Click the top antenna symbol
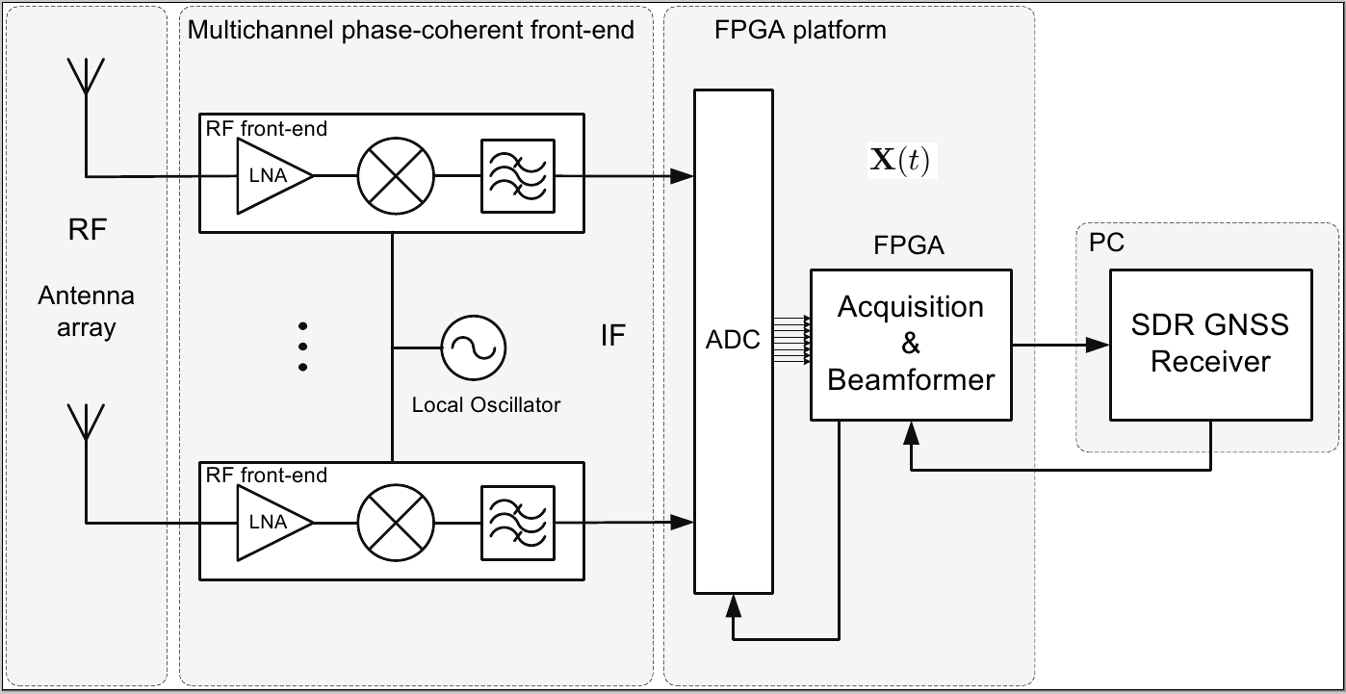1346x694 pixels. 87,77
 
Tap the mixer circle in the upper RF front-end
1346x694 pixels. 396,176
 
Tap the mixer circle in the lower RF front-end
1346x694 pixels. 396,523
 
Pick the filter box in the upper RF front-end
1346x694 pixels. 518,176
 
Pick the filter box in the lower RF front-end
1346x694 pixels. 518,523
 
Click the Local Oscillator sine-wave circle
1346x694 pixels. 474,347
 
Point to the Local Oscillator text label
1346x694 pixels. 485,404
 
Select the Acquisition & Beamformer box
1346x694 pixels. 911,344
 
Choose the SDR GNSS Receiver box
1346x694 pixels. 1210,344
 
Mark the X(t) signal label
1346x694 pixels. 899,161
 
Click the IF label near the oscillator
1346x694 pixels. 612,336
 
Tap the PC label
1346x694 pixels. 1106,242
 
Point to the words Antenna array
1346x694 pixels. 85,311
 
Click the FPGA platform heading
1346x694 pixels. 800,30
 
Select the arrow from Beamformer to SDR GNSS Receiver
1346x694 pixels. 1059,344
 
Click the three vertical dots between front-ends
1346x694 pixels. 302,347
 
